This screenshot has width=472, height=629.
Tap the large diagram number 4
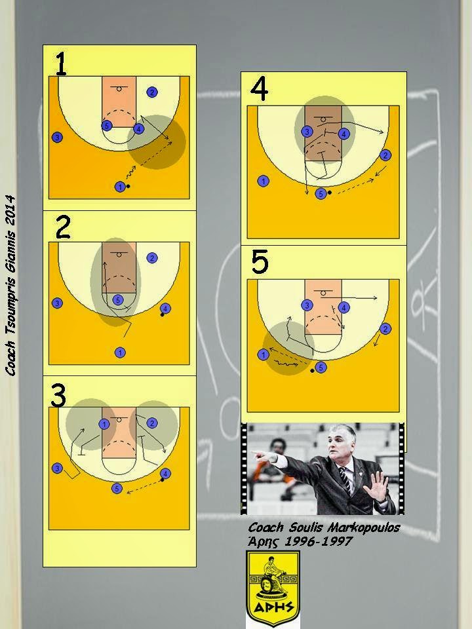click(x=260, y=89)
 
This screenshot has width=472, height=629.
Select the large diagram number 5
click(x=260, y=262)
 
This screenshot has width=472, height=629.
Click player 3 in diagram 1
click(x=58, y=138)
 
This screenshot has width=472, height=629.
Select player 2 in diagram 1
click(x=152, y=92)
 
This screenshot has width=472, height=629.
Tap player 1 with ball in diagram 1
click(x=120, y=187)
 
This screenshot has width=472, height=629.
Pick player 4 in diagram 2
click(x=165, y=309)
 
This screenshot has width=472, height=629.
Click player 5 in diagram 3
click(x=117, y=488)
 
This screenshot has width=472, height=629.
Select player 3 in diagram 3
click(x=58, y=468)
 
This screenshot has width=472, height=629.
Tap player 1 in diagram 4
click(x=263, y=181)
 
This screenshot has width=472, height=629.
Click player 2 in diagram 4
click(x=385, y=155)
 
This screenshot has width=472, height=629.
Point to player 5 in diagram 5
click(x=321, y=368)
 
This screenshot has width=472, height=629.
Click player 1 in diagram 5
click(x=263, y=354)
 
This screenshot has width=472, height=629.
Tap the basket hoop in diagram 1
click(x=119, y=88)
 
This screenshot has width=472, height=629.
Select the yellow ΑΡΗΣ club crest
click(x=272, y=588)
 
